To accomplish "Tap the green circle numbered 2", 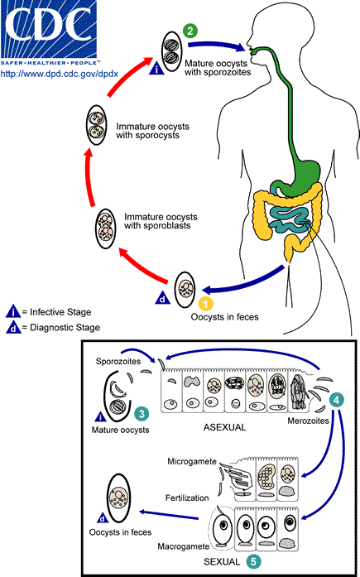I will (191, 31).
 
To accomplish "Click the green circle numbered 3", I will (142, 412).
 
